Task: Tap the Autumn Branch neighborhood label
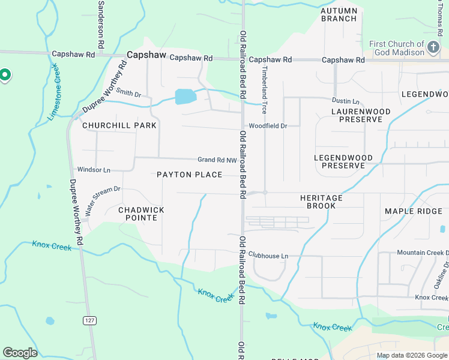(339, 15)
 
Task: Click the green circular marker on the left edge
(5, 75)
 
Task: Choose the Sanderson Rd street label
(100, 24)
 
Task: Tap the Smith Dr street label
(128, 93)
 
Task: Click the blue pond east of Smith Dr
(185, 97)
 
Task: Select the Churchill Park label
(119, 125)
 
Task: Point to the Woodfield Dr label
(268, 126)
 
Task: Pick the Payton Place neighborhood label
(189, 175)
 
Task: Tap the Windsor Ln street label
(94, 170)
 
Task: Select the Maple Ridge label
(412, 211)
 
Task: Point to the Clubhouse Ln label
(268, 256)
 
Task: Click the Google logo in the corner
(20, 353)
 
